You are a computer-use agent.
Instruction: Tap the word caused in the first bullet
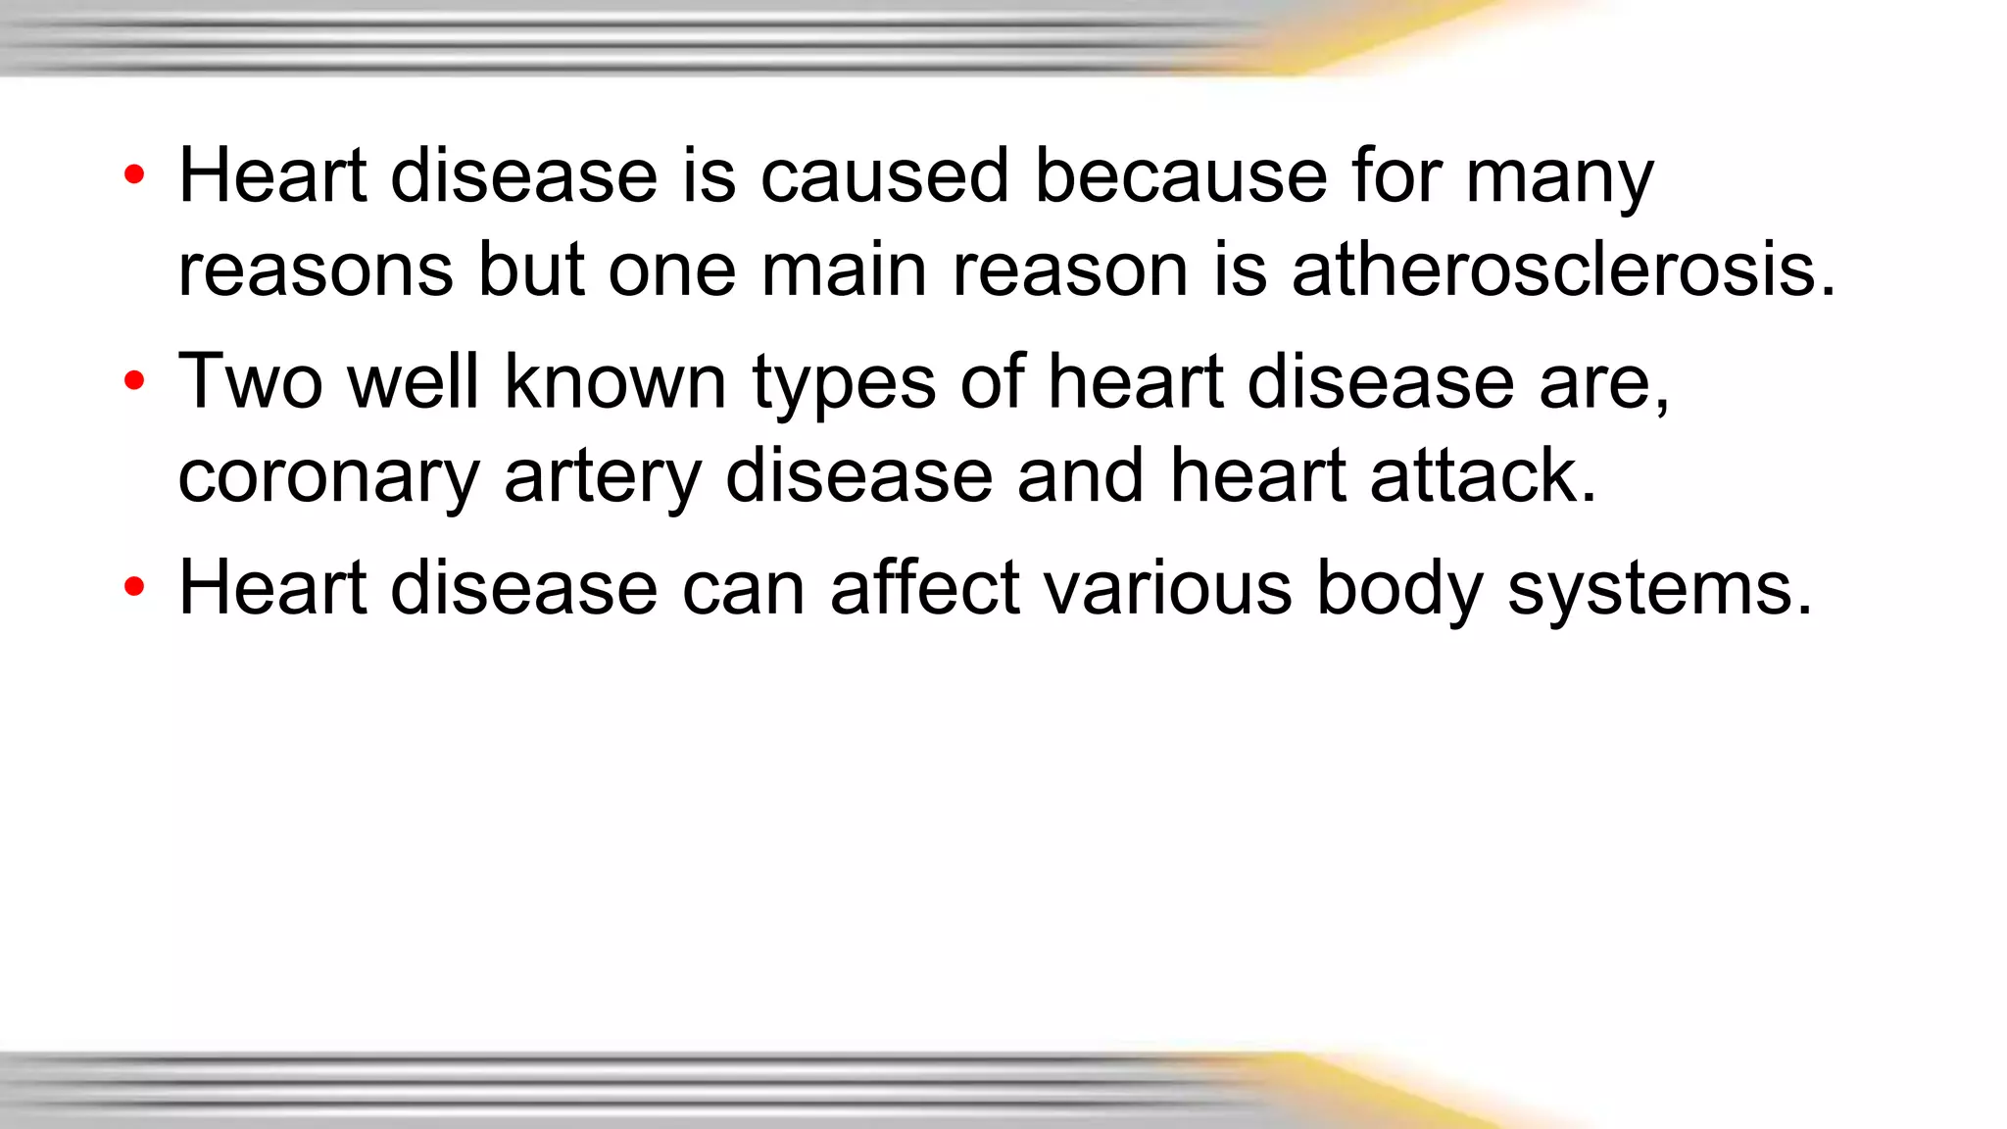click(884, 176)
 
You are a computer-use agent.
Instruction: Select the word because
click(1180, 176)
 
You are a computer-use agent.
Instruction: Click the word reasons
click(316, 271)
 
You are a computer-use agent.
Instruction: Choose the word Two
click(250, 381)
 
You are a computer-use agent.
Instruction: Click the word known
click(614, 381)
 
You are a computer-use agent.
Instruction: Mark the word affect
click(924, 588)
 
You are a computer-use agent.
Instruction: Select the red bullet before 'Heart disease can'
click(134, 588)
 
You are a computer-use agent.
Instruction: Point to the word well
click(414, 381)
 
